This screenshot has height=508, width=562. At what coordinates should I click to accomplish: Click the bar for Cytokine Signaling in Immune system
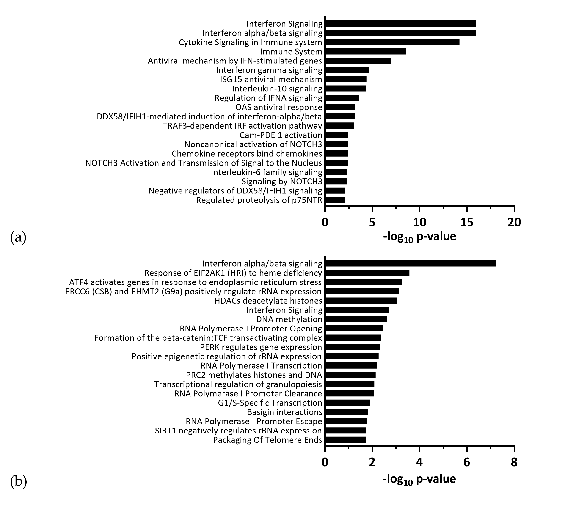coord(392,42)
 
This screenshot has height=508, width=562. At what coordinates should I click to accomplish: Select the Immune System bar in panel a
coord(366,52)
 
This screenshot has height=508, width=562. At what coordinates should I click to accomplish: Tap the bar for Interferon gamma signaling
coord(347,70)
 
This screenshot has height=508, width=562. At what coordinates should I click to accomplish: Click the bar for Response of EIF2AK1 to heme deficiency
coord(367,273)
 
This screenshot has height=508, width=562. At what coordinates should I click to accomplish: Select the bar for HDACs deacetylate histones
coord(361,301)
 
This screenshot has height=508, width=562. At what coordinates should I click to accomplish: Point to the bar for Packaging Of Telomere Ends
coord(345,440)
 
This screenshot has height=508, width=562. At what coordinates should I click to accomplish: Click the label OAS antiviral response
coord(279,107)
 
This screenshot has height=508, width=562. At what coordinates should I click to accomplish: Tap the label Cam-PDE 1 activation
coord(281,135)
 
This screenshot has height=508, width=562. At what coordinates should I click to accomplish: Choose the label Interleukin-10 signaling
coord(277,89)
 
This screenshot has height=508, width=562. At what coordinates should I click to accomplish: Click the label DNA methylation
coord(289,319)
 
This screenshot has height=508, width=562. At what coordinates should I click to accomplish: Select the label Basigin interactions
coord(285,412)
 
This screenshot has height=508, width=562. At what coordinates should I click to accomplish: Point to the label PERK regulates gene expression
coord(261,347)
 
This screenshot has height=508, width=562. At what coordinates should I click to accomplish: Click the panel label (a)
coord(18,237)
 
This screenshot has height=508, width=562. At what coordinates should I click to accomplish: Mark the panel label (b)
coord(18,481)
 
